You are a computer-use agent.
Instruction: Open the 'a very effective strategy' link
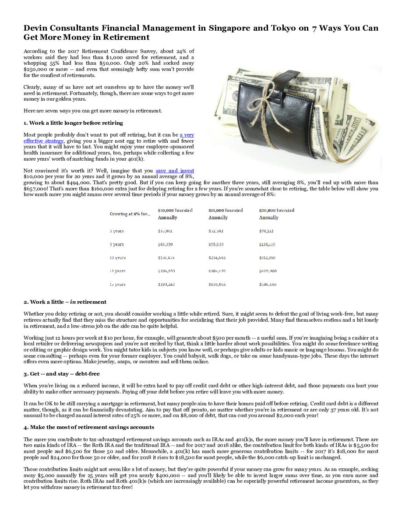coord(187,135)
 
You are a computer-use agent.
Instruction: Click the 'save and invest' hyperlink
coord(175,171)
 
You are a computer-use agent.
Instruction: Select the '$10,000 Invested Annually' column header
coord(175,214)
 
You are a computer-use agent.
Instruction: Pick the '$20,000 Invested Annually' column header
coord(277,214)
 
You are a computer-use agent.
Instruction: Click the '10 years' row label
coord(117,258)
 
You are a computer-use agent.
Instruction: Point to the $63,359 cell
coord(165,244)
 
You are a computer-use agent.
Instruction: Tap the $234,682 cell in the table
coord(217,258)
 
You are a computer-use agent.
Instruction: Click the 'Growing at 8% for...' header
coord(130,214)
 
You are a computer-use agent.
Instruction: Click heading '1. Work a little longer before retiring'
coord(73,123)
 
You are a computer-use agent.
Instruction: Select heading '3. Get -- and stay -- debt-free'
coord(61,374)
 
